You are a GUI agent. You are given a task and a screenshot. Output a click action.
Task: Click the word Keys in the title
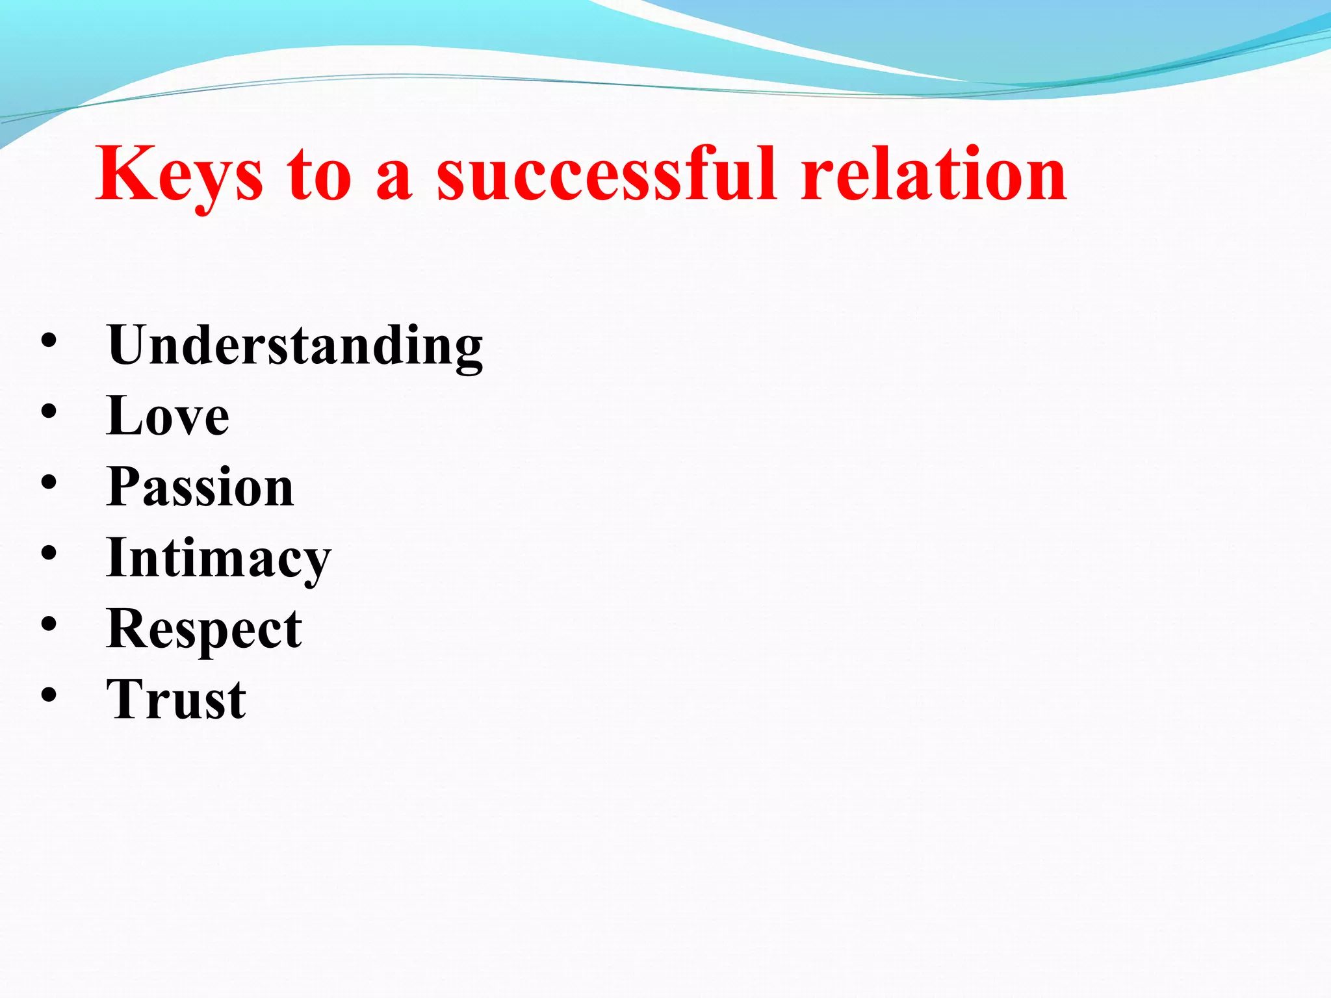179,174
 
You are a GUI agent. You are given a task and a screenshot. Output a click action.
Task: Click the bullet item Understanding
295,346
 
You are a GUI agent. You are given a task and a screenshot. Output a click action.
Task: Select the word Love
168,416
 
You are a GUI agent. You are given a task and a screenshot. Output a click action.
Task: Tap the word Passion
200,487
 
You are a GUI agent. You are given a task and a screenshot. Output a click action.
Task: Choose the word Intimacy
218,559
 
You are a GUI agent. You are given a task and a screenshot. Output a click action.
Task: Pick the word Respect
204,630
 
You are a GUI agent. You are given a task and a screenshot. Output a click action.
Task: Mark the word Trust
176,700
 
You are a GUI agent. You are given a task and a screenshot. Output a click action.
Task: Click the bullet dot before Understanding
49,341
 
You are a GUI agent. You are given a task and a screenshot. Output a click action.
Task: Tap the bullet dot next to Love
49,411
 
